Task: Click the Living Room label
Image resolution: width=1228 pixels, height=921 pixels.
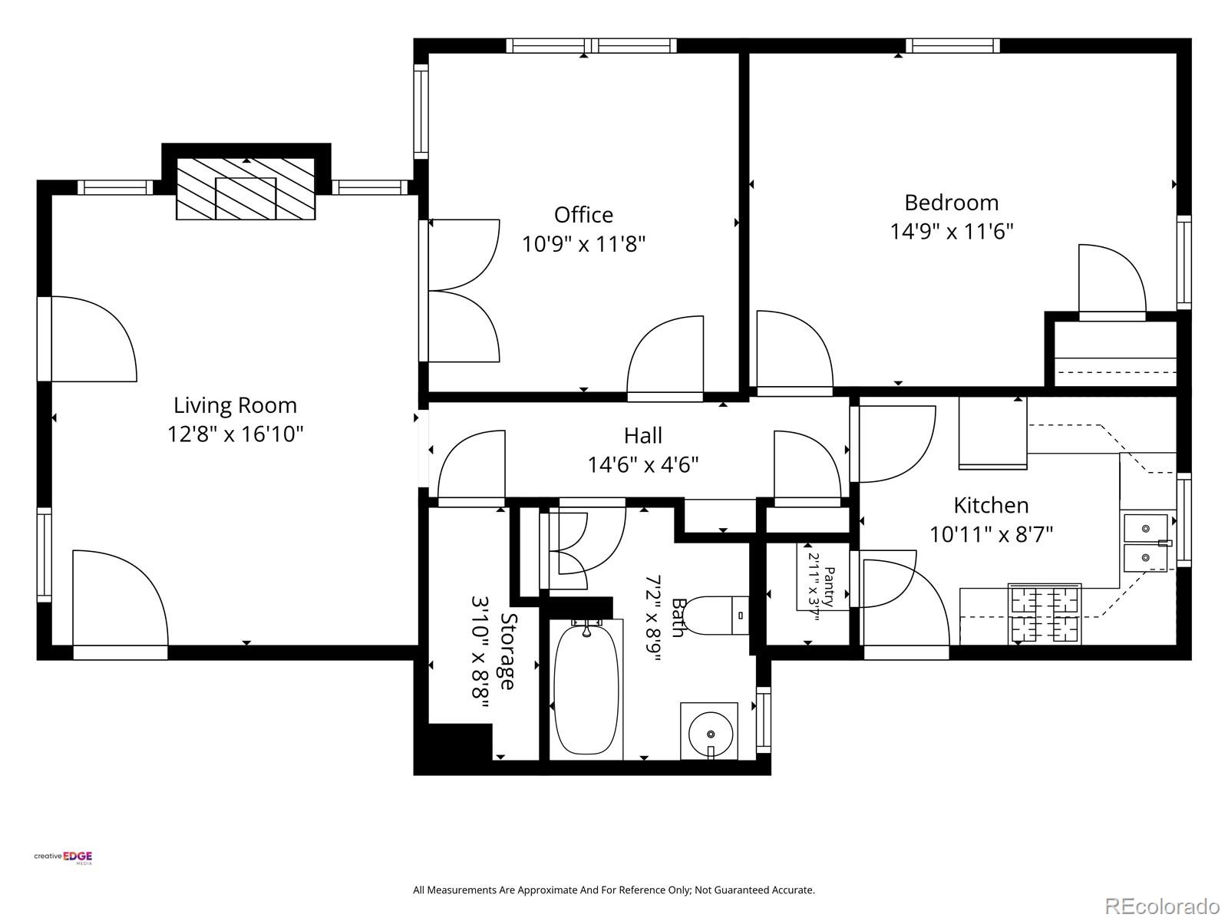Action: (235, 405)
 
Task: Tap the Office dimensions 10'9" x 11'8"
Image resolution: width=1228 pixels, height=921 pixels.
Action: (583, 244)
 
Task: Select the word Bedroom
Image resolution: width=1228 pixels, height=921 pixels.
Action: (951, 203)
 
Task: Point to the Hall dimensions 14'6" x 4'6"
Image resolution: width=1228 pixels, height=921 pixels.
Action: (643, 464)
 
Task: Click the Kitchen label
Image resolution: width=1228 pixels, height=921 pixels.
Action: (991, 506)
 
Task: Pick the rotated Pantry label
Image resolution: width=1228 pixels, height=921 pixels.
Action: (829, 587)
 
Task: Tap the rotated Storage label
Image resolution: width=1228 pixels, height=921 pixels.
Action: (508, 652)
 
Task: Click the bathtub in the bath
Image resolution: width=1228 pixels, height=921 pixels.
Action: (586, 689)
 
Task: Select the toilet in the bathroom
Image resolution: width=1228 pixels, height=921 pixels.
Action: (716, 616)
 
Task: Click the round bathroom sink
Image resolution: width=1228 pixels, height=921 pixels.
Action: (711, 734)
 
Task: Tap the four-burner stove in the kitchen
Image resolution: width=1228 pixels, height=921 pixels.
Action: (1044, 613)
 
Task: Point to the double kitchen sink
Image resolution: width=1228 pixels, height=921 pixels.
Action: (1145, 543)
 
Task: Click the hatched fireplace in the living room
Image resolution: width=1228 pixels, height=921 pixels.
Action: (246, 189)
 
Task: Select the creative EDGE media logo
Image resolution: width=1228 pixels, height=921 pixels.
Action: (63, 857)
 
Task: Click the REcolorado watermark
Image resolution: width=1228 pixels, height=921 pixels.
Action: (1163, 905)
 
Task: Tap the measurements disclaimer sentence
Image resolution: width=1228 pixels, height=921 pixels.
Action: (614, 890)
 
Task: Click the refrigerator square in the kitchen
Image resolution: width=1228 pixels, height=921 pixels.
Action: (992, 433)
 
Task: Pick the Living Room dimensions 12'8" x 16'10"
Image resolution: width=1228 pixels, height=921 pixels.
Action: (235, 434)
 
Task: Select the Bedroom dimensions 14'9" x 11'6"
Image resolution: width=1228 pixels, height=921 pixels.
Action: (951, 232)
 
